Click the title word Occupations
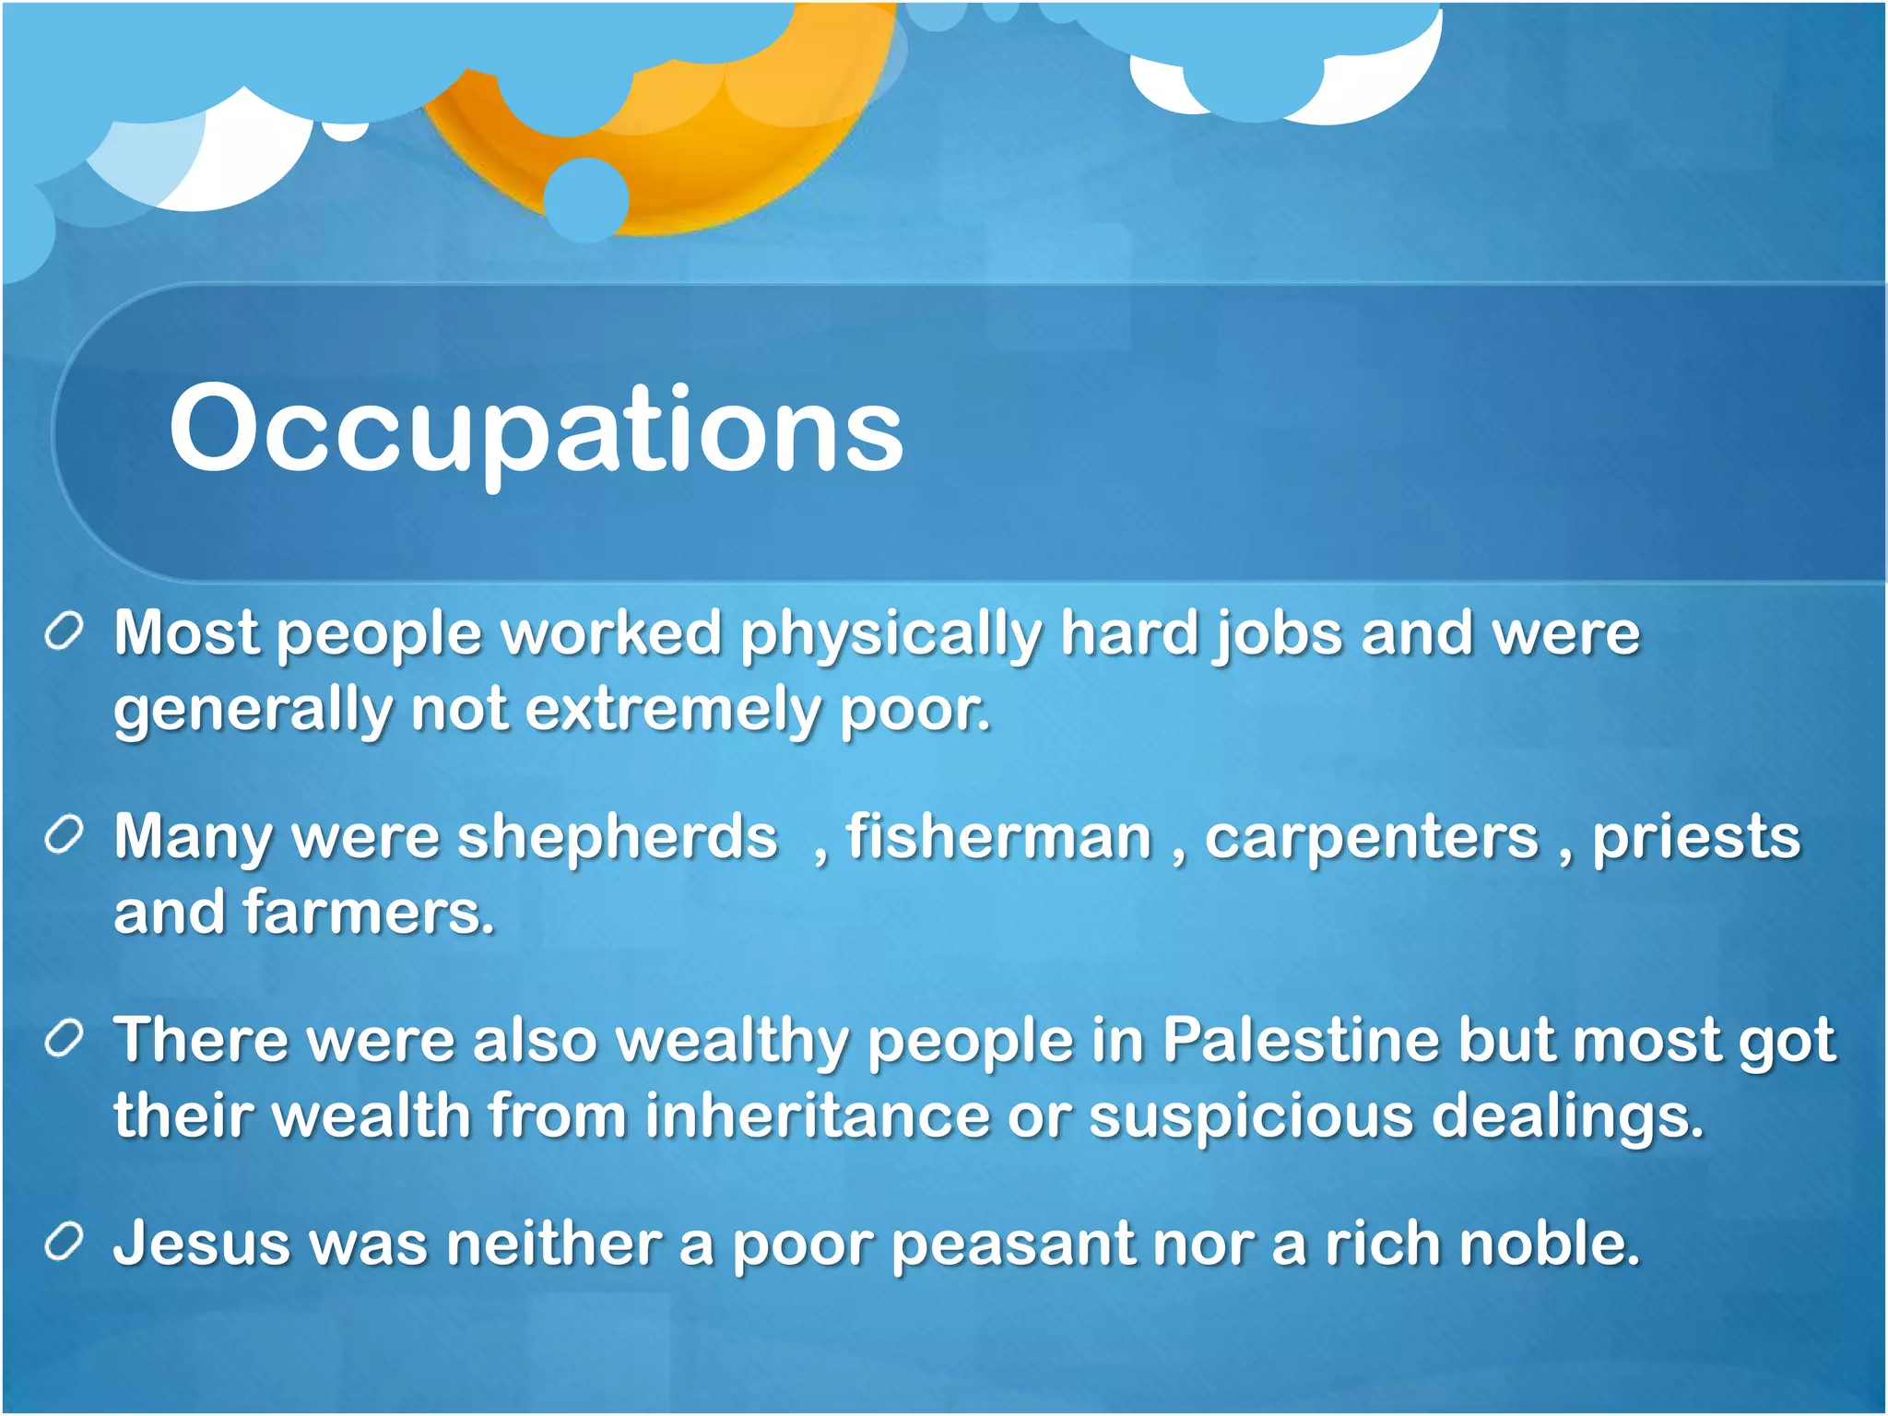[x=535, y=429]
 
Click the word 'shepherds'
[x=618, y=837]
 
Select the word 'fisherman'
[x=999, y=837]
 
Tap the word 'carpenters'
[x=1372, y=837]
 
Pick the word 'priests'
[x=1696, y=837]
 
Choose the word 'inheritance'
[x=817, y=1115]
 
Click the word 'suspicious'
[x=1250, y=1115]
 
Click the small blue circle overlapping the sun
[x=586, y=199]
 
